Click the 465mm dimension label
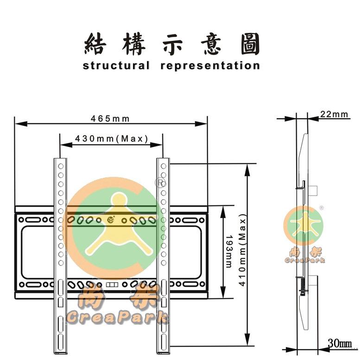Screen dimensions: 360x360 click(x=110, y=119)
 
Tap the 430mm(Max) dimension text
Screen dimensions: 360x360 click(x=111, y=139)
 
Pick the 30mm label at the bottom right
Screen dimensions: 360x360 click(x=340, y=343)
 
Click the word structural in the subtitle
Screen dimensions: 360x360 click(x=116, y=65)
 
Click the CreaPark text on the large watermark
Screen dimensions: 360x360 click(x=117, y=317)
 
